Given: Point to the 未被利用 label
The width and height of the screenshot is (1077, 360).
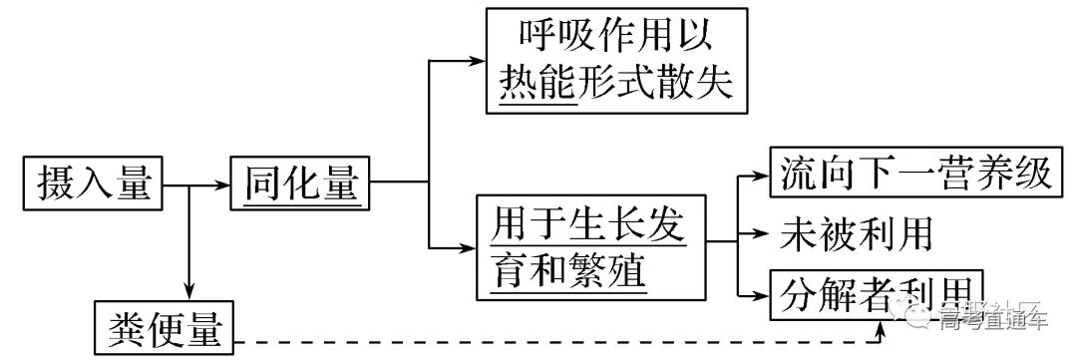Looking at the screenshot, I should point(857,234).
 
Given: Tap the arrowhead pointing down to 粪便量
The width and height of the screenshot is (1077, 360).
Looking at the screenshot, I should point(188,290).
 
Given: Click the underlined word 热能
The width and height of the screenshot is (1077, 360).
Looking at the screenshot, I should point(539,85).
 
